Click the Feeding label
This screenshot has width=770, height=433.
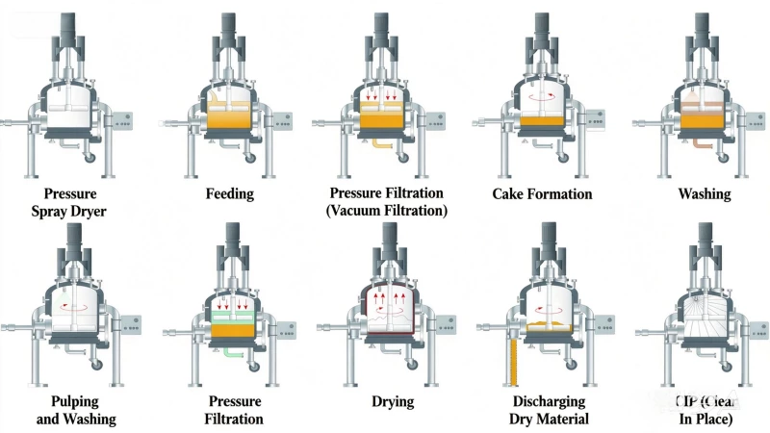coord(230,193)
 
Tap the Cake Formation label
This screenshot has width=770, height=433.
coord(542,193)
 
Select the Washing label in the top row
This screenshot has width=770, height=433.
coord(704,193)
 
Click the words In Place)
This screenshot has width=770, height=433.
coord(704,419)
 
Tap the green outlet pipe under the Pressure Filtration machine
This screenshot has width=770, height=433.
coord(231,351)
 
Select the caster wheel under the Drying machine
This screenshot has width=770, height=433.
coord(408,364)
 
